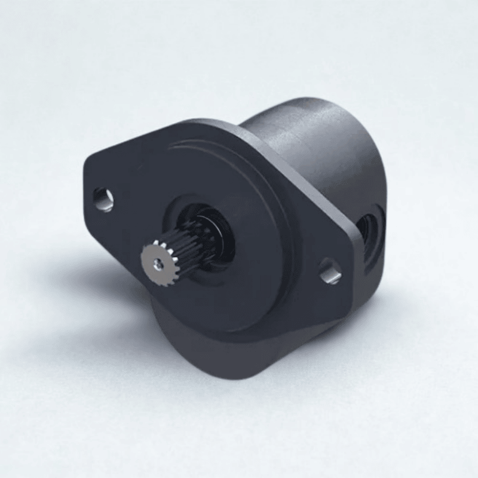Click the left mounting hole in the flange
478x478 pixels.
pos(103,199)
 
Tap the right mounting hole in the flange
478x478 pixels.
pos(330,271)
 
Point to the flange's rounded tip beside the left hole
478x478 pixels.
pos(90,185)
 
